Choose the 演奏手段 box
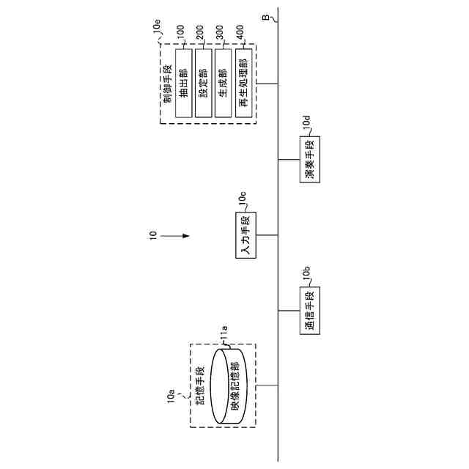coord(309,159)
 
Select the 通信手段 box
coord(309,311)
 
